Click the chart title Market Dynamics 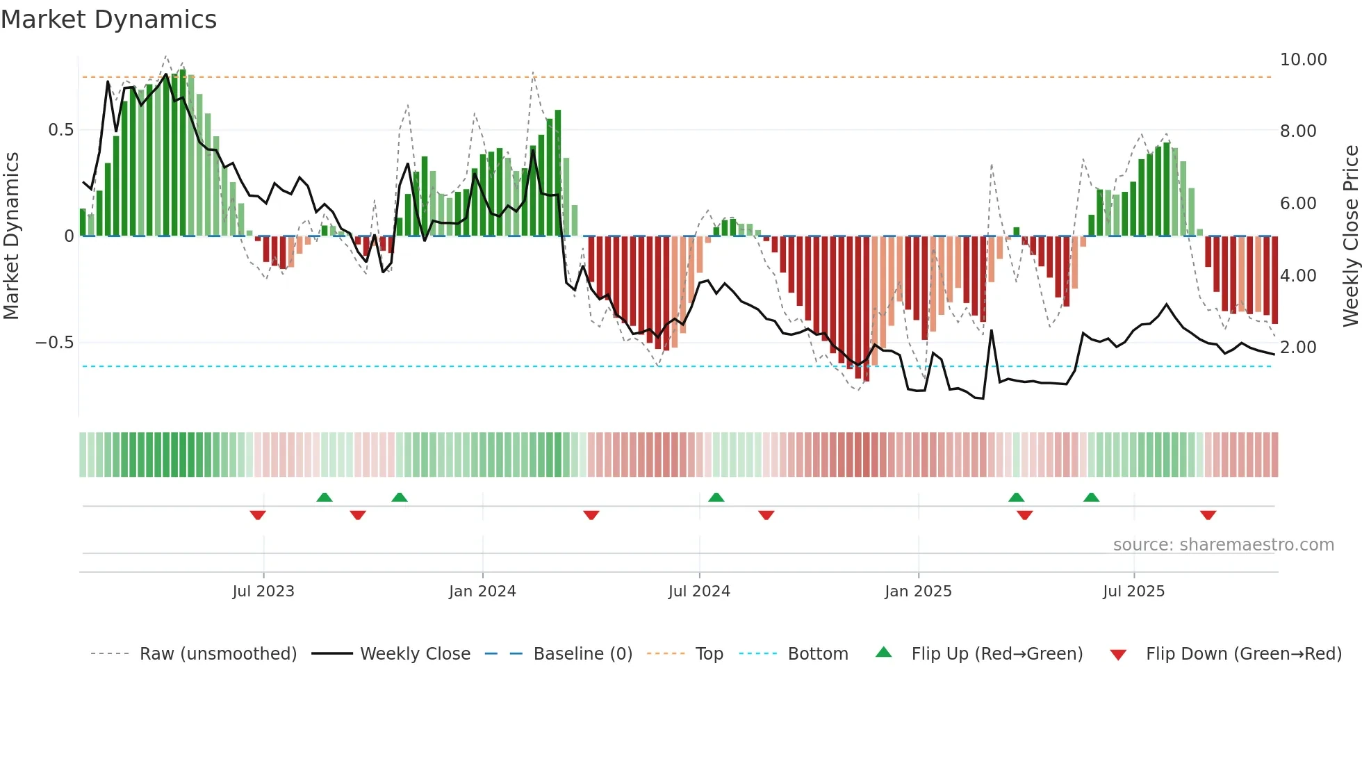point(108,19)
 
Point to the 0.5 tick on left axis point(60,130)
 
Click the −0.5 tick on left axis point(55,343)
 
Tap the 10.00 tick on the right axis point(1303,60)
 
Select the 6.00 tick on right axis point(1298,204)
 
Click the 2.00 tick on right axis point(1298,348)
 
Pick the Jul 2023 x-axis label point(263,592)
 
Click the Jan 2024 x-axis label point(482,592)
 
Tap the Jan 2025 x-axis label point(918,592)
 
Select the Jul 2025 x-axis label point(1133,592)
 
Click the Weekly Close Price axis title point(1350,236)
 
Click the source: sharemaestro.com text point(1223,545)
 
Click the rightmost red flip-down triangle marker point(1208,515)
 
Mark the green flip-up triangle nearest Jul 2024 point(716,497)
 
